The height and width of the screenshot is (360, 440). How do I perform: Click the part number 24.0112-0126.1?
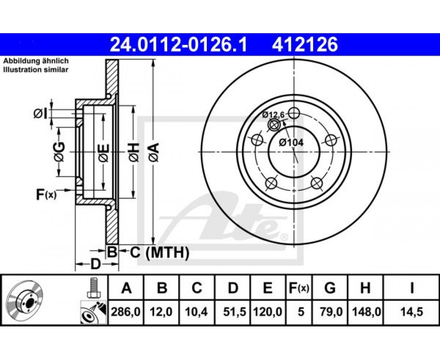(178, 45)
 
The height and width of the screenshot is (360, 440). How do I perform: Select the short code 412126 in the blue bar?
(304, 45)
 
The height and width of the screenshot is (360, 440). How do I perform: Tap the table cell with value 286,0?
(126, 312)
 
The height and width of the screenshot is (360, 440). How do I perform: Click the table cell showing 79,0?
(331, 312)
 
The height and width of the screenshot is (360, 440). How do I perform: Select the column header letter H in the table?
(365, 288)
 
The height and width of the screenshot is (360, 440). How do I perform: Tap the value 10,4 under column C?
(197, 312)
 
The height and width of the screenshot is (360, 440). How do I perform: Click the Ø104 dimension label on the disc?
(291, 142)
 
